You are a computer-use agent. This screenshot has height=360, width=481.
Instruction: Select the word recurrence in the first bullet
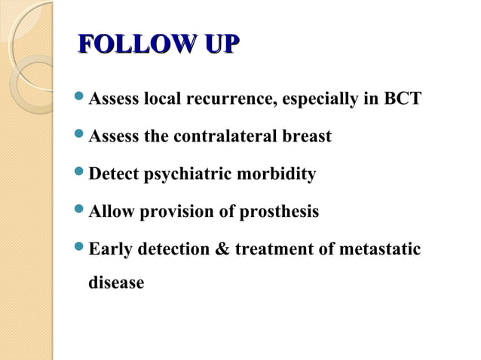coord(233,100)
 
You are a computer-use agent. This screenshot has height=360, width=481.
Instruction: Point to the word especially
coord(319,100)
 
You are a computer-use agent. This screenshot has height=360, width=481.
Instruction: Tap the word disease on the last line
coord(116,284)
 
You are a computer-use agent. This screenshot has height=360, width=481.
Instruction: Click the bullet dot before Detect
coord(81,173)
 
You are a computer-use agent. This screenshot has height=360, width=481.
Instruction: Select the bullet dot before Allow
coord(81,211)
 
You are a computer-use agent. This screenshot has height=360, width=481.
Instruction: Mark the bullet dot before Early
coord(81,247)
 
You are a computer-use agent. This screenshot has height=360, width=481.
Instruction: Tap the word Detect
coord(114,175)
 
